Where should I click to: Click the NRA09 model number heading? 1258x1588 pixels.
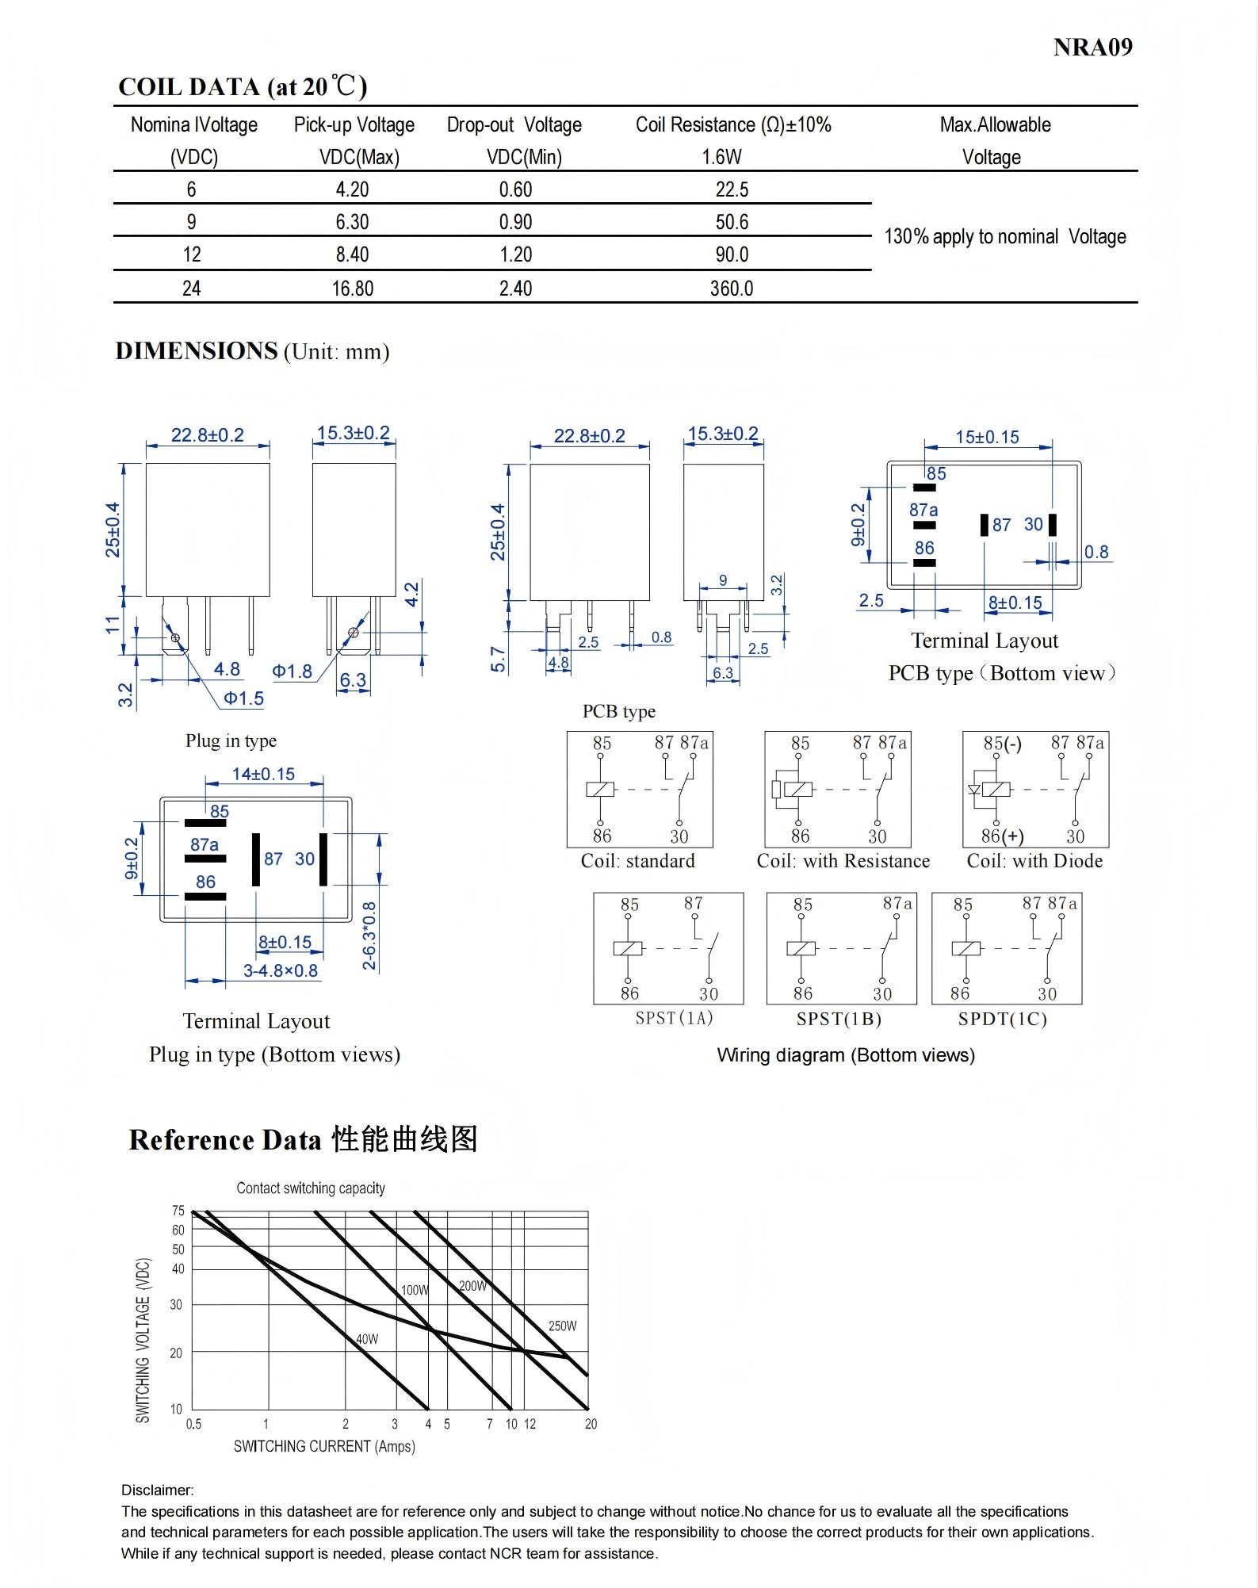coord(1092,48)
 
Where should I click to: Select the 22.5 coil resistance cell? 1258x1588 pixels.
coord(732,189)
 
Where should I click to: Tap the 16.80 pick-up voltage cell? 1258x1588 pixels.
coord(352,288)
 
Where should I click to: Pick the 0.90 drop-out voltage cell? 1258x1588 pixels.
coord(515,222)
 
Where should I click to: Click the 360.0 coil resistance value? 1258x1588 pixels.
coord(731,288)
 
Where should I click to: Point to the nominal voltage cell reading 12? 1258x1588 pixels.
coord(192,254)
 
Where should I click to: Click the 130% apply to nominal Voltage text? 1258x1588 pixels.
coord(1004,237)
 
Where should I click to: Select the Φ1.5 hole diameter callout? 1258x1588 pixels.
coord(243,698)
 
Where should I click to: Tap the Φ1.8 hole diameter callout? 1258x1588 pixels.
coord(292,672)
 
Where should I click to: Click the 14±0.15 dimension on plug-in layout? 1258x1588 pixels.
coord(263,774)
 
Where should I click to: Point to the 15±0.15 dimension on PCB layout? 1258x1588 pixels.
coord(987,437)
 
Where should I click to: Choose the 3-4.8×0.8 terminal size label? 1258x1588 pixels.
coord(280,970)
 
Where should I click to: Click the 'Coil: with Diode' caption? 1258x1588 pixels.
coord(1034,861)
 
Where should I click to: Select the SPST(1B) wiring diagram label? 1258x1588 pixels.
coord(839,1019)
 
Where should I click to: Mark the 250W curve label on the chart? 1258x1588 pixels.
coord(562,1326)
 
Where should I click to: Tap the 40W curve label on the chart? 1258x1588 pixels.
coord(366,1339)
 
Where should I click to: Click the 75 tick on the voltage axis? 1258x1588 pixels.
coord(178,1211)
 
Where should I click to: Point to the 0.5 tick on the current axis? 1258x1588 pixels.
coord(193,1424)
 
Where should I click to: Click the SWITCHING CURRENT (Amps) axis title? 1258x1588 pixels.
coord(324,1446)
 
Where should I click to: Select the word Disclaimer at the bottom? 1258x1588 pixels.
coord(157,1490)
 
